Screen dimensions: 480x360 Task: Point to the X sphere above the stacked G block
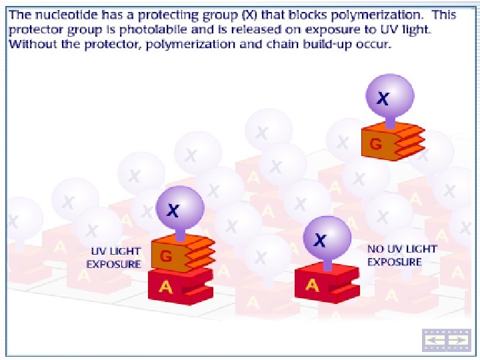click(179, 208)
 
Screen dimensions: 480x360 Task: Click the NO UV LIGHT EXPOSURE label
click(401, 255)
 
